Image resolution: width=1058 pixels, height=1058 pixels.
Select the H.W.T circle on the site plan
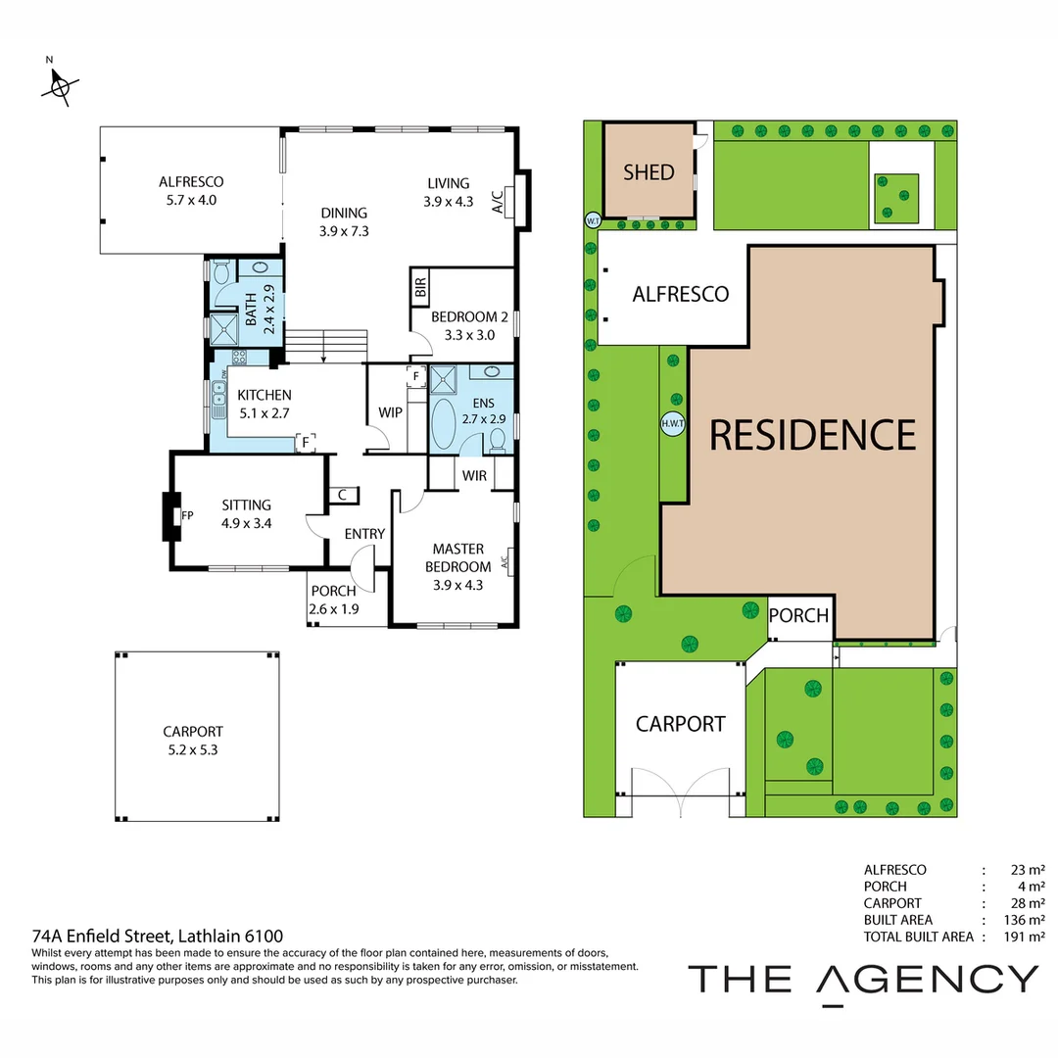point(672,424)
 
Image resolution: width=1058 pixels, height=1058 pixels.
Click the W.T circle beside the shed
point(592,220)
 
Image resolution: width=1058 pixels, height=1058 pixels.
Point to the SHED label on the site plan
point(649,172)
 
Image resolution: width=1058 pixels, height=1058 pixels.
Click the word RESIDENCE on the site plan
point(812,434)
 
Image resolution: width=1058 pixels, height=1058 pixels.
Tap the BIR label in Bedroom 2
point(420,288)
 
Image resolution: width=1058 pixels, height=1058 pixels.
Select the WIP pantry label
point(390,412)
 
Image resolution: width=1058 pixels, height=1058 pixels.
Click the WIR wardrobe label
point(475,476)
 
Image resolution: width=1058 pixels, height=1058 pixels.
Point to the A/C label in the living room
point(497,201)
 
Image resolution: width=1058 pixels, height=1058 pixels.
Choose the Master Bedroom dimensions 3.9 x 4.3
point(457,586)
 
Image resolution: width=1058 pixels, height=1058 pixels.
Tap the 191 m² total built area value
point(1027,937)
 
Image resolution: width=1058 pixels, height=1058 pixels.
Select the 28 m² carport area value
point(1027,903)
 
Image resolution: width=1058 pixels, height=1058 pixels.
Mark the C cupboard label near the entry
point(342,496)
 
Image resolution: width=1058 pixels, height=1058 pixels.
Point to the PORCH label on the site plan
point(798,616)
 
